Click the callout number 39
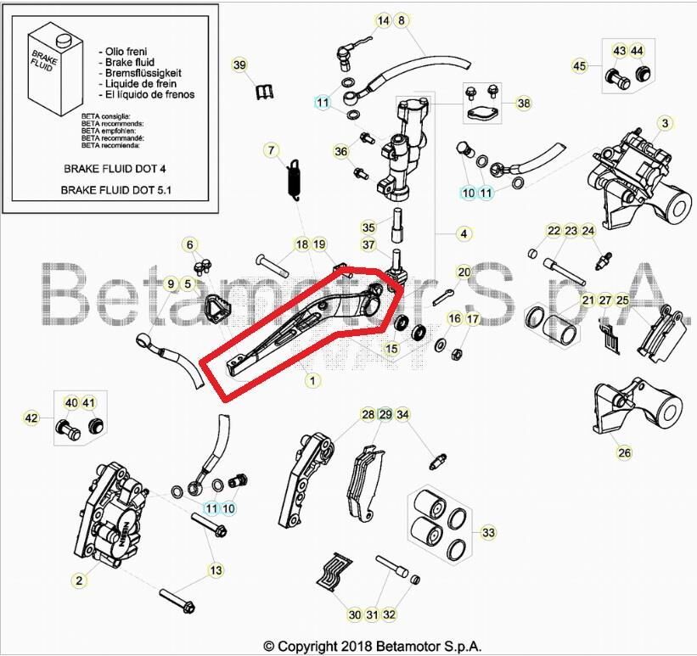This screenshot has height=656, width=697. click(239, 65)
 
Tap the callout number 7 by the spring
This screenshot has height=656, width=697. click(272, 151)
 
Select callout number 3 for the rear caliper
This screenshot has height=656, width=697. click(666, 124)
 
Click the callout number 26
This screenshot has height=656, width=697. click(625, 452)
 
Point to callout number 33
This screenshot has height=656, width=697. click(487, 533)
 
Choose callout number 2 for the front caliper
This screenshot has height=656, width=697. click(79, 580)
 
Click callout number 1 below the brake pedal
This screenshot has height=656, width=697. click(312, 381)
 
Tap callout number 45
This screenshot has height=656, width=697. click(580, 66)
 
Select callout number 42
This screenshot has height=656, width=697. click(31, 418)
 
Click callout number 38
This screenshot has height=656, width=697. click(524, 104)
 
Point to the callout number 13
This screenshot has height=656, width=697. click(216, 570)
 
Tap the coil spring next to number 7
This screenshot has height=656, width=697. click(293, 179)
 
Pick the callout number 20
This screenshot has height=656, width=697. click(464, 272)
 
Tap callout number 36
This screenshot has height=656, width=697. click(341, 152)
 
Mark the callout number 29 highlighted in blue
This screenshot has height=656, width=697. click(385, 415)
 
